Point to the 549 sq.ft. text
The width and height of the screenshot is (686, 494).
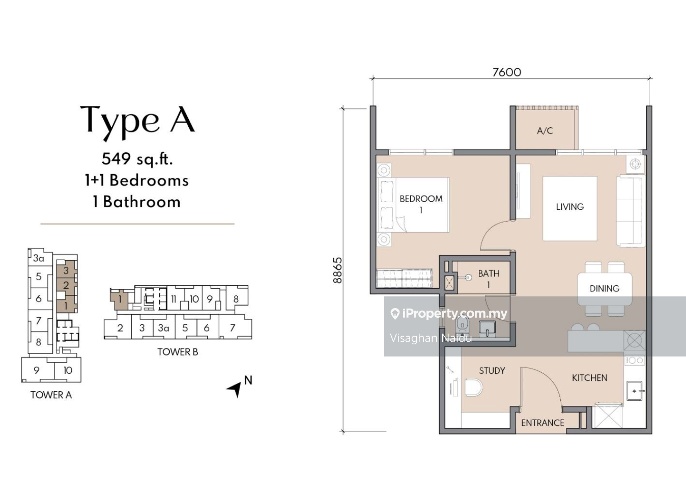pos(137,159)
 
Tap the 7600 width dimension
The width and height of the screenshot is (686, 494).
pos(506,72)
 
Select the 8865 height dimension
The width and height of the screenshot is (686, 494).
pos(337,270)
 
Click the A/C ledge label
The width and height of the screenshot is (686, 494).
pos(545,131)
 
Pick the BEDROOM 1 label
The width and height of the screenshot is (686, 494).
pos(421,204)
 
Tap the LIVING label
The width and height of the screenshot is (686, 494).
pos(570,207)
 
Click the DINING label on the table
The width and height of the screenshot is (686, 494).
pos(605,288)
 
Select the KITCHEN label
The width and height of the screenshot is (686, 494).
pos(589,378)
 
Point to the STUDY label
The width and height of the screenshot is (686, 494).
pos(492,371)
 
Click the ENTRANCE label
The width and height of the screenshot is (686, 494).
pos(542,423)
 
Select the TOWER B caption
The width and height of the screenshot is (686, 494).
pos(178,352)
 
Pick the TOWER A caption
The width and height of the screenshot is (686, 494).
pos(51,395)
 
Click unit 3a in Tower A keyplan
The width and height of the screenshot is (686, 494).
pos(39,258)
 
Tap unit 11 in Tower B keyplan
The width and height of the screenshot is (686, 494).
pos(174,299)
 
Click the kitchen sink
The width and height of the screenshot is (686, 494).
pos(635,391)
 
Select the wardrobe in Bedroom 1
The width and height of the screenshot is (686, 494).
pos(404,278)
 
